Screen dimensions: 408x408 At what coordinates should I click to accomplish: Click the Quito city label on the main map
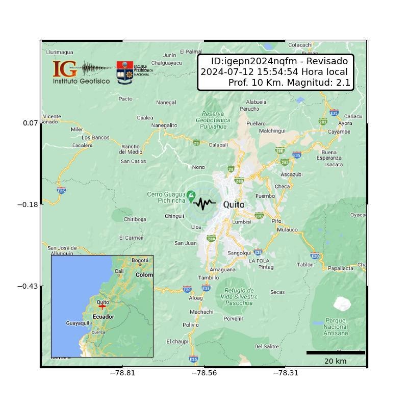[x=234, y=205]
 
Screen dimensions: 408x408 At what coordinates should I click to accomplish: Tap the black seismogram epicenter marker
[x=204, y=203]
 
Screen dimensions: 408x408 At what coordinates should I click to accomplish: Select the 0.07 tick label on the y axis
[x=30, y=123]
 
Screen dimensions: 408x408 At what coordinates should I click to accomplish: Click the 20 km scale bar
[x=336, y=352]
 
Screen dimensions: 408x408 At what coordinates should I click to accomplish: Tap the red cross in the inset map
[x=102, y=307]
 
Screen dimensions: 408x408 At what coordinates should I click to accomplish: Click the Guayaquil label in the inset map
[x=79, y=323]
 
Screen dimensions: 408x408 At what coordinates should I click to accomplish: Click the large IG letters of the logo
[x=65, y=69]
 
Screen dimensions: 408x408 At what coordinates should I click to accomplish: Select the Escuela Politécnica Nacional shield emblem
[x=124, y=73]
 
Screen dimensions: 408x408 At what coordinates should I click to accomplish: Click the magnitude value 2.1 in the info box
[x=343, y=82]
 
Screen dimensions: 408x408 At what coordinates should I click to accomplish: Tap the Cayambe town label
[x=339, y=132]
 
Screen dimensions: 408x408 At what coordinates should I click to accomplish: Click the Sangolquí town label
[x=240, y=253]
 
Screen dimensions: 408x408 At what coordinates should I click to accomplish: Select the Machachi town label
[x=201, y=312]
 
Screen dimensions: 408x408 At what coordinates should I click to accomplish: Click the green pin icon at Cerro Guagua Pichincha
[x=191, y=195]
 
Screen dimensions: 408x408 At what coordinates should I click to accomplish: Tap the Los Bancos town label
[x=95, y=137]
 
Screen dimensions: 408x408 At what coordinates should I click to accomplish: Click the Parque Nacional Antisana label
[x=336, y=327]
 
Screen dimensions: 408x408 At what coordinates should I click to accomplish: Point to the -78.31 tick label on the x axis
[x=286, y=373]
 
